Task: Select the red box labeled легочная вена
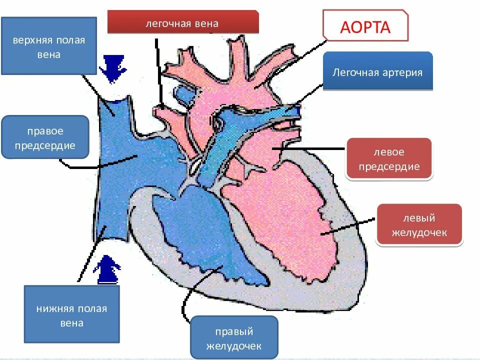tap(182, 22)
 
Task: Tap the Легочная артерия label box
tap(377, 71)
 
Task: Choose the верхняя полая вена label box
tap(48, 46)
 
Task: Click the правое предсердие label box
tap(45, 137)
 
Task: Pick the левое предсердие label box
tap(388, 158)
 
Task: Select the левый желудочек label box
tap(418, 225)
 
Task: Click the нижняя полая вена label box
tap(71, 315)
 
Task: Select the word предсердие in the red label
tap(388, 166)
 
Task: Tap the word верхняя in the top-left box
tap(30, 40)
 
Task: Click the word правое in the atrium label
tap(45, 131)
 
